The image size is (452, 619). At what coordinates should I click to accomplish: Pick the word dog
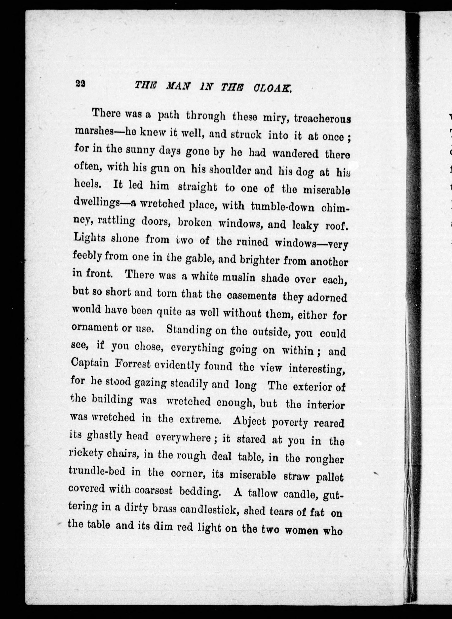[302, 172]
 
